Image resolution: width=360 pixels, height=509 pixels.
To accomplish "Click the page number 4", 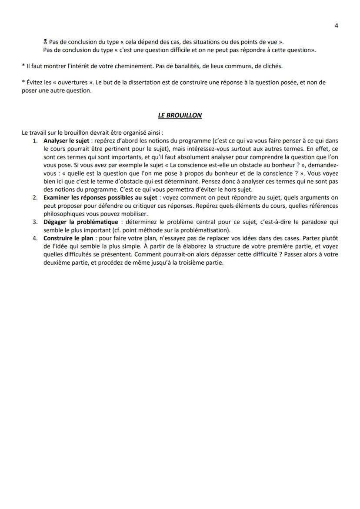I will (x=337, y=25).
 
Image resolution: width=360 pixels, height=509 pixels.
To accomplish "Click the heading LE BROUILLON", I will (x=180, y=115).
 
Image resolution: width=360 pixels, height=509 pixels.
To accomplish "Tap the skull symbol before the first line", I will (x=45, y=42).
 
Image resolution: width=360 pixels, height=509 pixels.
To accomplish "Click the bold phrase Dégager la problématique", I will (x=80, y=222).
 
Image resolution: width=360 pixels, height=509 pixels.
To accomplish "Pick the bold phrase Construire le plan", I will (x=68, y=238).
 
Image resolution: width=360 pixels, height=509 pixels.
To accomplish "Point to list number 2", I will (x=35, y=198).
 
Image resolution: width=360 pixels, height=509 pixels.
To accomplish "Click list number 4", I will (x=35, y=238).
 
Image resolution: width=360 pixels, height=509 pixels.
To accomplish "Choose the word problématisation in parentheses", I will (x=203, y=230).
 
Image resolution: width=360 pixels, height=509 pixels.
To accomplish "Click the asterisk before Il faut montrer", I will (x=23, y=66).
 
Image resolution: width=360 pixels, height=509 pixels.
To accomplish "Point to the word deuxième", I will (x=58, y=263).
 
